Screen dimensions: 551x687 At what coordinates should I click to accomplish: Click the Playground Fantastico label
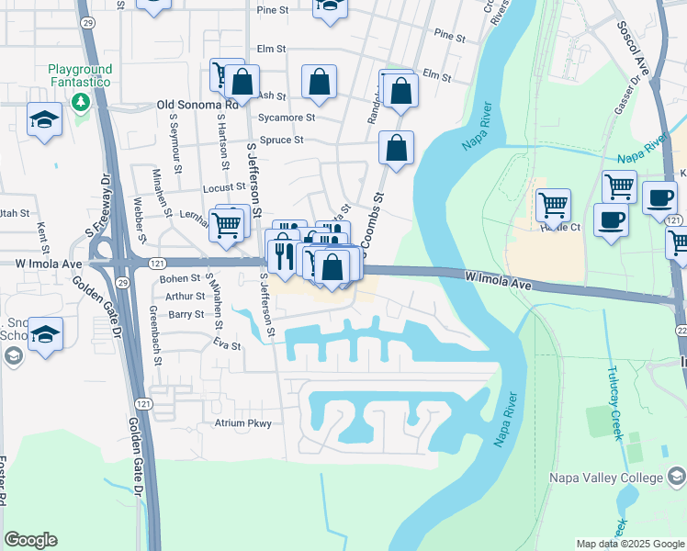tap(80, 75)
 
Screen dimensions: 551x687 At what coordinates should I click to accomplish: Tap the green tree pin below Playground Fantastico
tap(81, 99)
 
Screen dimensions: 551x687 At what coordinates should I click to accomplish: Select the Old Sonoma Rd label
tap(197, 106)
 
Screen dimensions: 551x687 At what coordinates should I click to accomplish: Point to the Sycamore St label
tap(287, 118)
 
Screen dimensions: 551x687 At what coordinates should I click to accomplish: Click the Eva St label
tap(226, 346)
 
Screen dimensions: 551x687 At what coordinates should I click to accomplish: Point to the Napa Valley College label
tap(605, 478)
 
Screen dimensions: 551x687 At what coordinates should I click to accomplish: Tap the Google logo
tap(30, 540)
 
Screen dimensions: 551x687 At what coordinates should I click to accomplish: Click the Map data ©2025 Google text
tap(630, 544)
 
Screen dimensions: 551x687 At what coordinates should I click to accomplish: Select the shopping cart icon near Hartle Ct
tap(553, 204)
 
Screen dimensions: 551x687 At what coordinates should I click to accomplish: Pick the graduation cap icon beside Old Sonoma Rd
tap(44, 120)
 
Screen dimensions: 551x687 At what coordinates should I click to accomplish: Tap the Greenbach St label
tap(157, 341)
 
